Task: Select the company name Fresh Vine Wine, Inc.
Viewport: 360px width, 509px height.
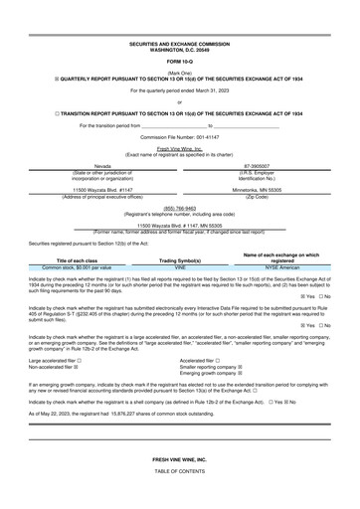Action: pyautogui.click(x=179, y=147)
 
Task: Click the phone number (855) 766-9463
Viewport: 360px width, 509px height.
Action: pyautogui.click(x=179, y=208)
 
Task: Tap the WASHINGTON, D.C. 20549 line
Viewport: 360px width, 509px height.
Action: pyautogui.click(x=179, y=51)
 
